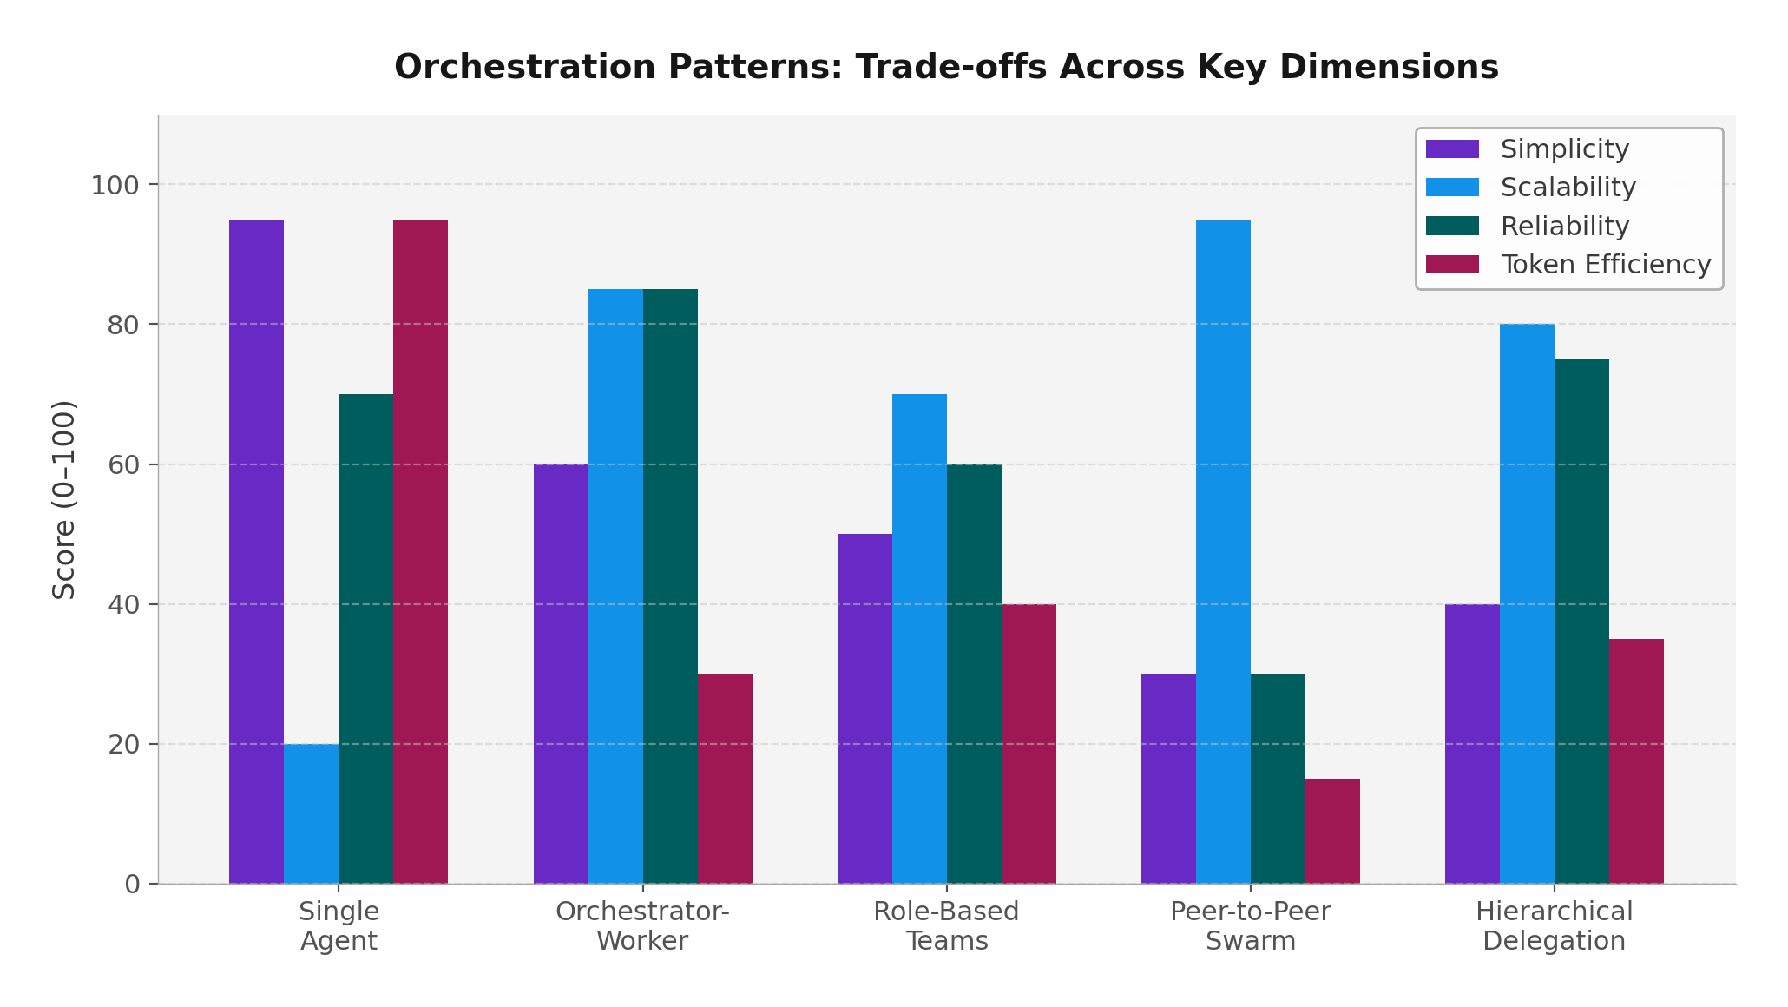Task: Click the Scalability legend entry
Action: [1568, 188]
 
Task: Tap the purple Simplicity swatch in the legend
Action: [1452, 149]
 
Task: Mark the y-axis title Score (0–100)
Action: [64, 499]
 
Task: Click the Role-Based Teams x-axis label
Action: [946, 926]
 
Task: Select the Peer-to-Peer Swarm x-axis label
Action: [1250, 926]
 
